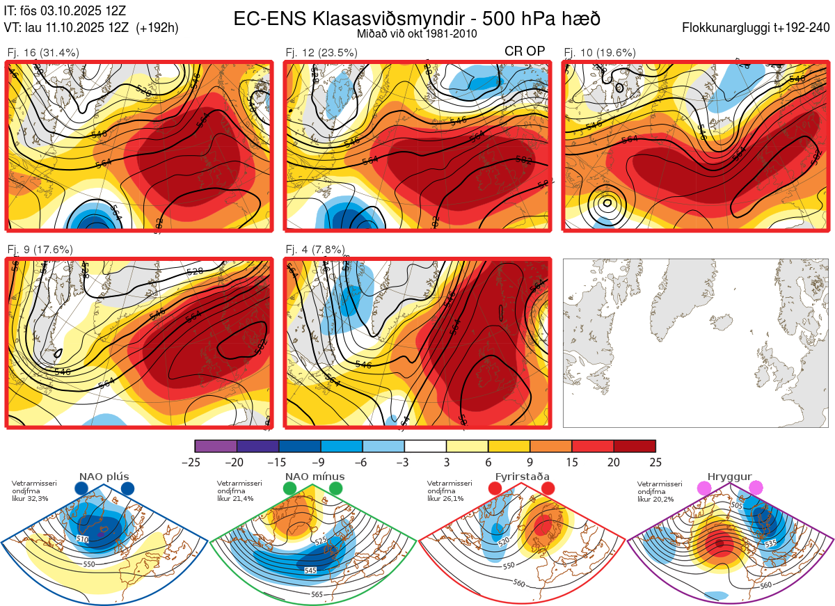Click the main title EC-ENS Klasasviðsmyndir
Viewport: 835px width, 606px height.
click(x=417, y=19)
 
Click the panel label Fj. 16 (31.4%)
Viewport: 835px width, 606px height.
click(x=42, y=52)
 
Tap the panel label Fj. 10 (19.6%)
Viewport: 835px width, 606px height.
click(x=599, y=52)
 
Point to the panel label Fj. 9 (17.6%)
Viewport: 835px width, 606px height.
click(x=40, y=250)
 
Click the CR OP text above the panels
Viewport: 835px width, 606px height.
click(x=525, y=51)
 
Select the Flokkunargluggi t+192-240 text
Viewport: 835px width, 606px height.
click(x=756, y=28)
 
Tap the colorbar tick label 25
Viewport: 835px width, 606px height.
click(x=655, y=462)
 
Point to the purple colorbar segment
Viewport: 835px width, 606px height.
click(x=216, y=446)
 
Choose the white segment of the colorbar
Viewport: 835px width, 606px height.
click(x=425, y=446)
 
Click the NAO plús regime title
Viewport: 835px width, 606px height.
click(x=104, y=477)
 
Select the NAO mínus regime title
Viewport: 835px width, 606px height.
click(x=315, y=477)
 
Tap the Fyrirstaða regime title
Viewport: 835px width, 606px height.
click(x=522, y=477)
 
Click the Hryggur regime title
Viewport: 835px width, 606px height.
click(x=730, y=477)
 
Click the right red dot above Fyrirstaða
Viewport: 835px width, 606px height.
click(x=547, y=489)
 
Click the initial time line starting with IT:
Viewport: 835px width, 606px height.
click(x=65, y=10)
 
